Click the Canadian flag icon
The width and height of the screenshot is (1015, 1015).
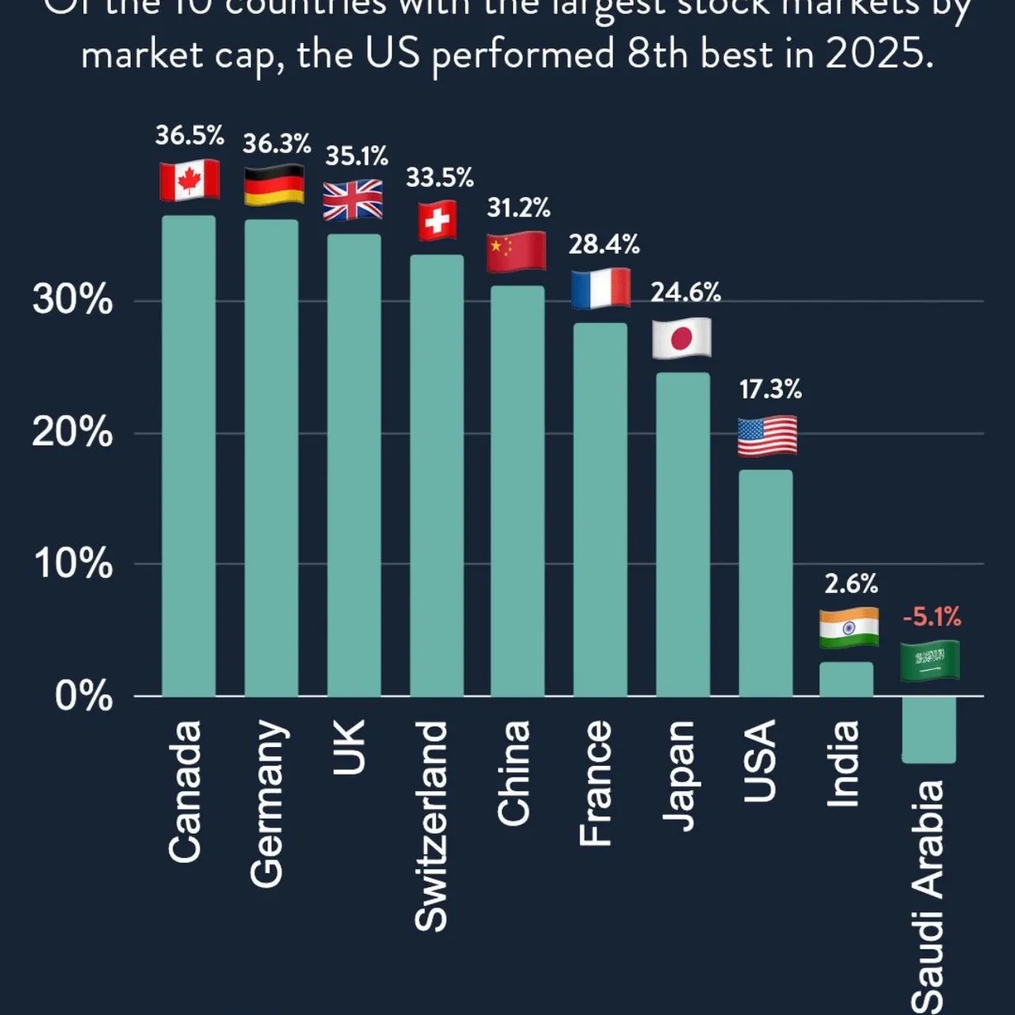click(x=190, y=180)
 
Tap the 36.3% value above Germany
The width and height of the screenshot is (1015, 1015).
click(x=277, y=144)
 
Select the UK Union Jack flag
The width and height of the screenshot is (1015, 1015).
click(x=353, y=200)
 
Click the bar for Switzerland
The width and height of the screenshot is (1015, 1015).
click(x=437, y=476)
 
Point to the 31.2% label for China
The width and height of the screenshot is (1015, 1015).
click(x=519, y=209)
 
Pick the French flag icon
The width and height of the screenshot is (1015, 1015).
click(x=601, y=289)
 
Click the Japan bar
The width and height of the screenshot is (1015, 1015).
click(x=683, y=535)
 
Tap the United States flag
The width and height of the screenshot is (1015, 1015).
click(x=767, y=437)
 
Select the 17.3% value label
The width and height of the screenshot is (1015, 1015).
click(x=770, y=389)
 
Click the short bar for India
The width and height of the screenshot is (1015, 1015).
click(x=846, y=680)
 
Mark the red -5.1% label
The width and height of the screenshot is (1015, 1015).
click(x=932, y=616)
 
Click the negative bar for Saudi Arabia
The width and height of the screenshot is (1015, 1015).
click(x=929, y=730)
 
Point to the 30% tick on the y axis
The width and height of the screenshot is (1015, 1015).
click(x=72, y=301)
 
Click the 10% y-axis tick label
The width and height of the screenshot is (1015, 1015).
click(x=72, y=565)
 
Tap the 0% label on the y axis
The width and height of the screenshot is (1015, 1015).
click(x=83, y=696)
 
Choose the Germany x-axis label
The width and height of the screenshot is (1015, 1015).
click(x=267, y=803)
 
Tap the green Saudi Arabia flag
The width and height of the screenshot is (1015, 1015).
click(x=929, y=661)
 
